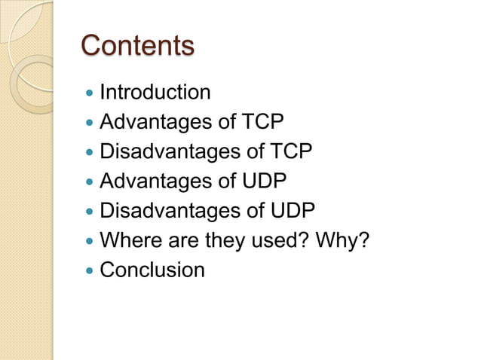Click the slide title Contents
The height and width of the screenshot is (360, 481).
click(x=137, y=46)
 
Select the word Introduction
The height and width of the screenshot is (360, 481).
click(x=155, y=93)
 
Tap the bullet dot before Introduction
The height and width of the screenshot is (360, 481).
click(x=90, y=94)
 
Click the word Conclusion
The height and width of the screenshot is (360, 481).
click(x=152, y=270)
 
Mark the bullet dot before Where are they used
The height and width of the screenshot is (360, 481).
click(x=90, y=242)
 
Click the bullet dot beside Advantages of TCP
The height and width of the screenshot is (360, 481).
click(x=90, y=124)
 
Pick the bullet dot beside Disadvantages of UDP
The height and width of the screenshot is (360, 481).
click(x=90, y=212)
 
